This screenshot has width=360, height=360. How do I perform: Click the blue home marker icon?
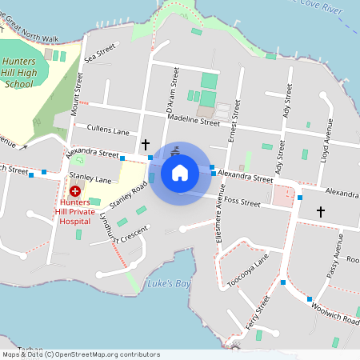pyautogui.click(x=180, y=173)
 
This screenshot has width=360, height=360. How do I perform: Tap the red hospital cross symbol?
pyautogui.click(x=75, y=191)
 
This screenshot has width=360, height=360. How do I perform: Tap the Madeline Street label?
pyautogui.click(x=194, y=121)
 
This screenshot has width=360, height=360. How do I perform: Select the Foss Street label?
pyautogui.click(x=242, y=202)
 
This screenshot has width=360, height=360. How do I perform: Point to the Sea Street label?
pyautogui.click(x=100, y=55)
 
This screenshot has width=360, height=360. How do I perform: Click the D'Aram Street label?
pyautogui.click(x=170, y=89)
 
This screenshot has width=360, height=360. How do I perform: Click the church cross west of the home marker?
pyautogui.click(x=145, y=145)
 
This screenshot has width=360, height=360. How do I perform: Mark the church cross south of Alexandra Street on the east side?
pyautogui.click(x=321, y=212)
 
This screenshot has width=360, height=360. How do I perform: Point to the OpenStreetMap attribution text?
pyautogui.click(x=80, y=354)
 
